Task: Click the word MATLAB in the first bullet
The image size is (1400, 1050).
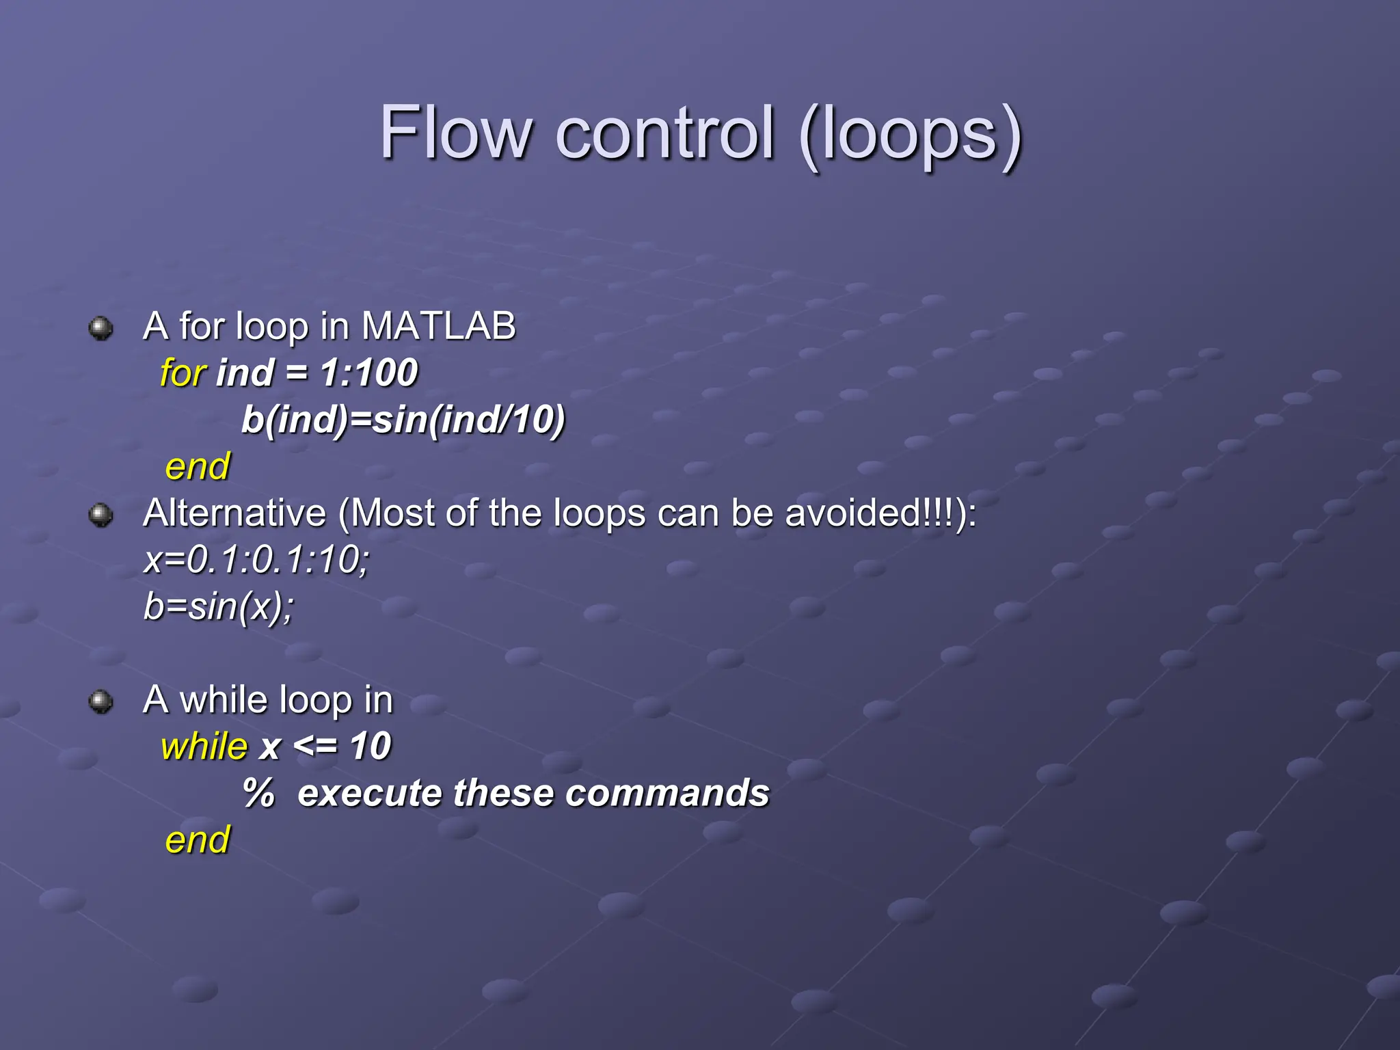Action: point(438,325)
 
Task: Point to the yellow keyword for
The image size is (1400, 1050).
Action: point(183,373)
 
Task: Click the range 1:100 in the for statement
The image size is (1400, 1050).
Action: point(368,373)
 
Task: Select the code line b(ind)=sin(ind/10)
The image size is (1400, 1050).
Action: point(403,420)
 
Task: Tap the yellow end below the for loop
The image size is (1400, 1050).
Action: point(198,467)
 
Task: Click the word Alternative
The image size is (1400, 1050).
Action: point(234,513)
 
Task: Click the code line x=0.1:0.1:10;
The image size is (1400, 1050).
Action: point(257,560)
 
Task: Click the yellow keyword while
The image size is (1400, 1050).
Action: point(204,746)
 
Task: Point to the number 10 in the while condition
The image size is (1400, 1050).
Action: point(370,746)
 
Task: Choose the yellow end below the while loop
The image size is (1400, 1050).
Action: point(198,839)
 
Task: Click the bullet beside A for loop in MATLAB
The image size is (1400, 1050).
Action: point(101,328)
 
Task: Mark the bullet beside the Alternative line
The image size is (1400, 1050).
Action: point(101,515)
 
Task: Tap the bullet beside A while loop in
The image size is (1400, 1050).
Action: point(101,701)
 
